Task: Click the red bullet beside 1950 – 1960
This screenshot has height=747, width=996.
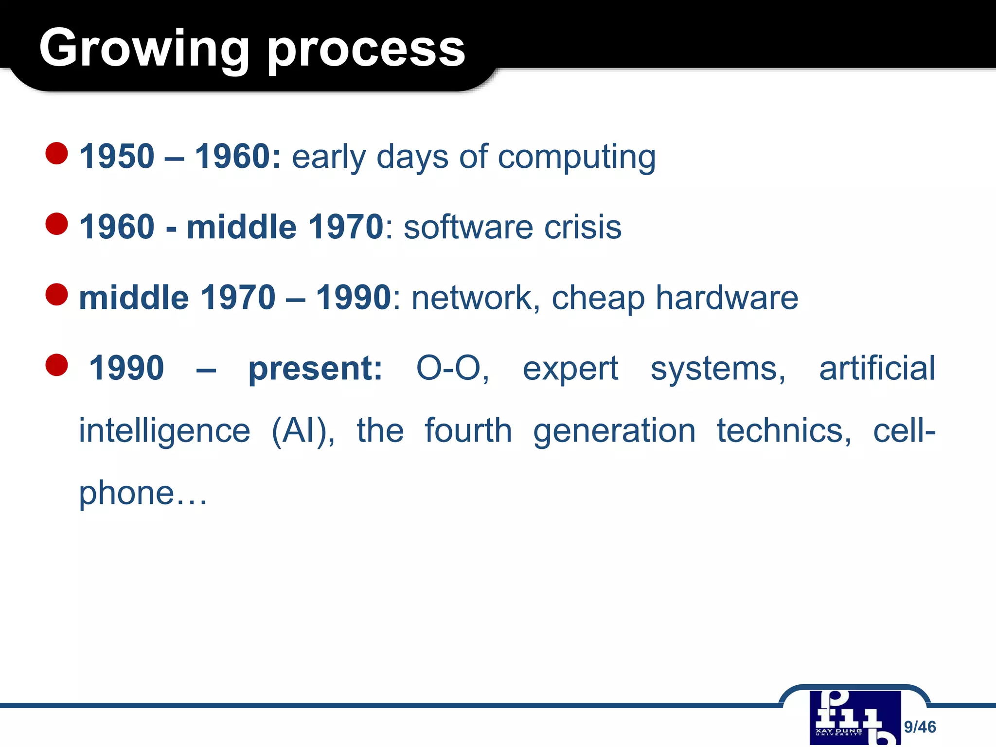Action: point(56,153)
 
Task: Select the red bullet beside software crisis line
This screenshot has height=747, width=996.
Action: point(56,224)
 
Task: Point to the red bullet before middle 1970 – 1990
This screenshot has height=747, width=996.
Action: point(56,294)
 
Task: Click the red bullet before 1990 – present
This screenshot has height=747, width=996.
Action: point(56,365)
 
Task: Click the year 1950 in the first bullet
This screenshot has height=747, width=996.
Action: point(117,157)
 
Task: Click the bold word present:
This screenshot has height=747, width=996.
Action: point(315,369)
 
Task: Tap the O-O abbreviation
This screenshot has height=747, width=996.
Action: point(452,368)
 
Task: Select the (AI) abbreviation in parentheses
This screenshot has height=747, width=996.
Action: point(302,431)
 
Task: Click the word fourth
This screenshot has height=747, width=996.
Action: point(468,431)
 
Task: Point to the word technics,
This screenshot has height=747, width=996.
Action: point(784,431)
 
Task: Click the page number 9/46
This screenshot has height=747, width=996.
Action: point(920,727)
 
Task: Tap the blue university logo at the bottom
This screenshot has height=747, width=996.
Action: point(854,718)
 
